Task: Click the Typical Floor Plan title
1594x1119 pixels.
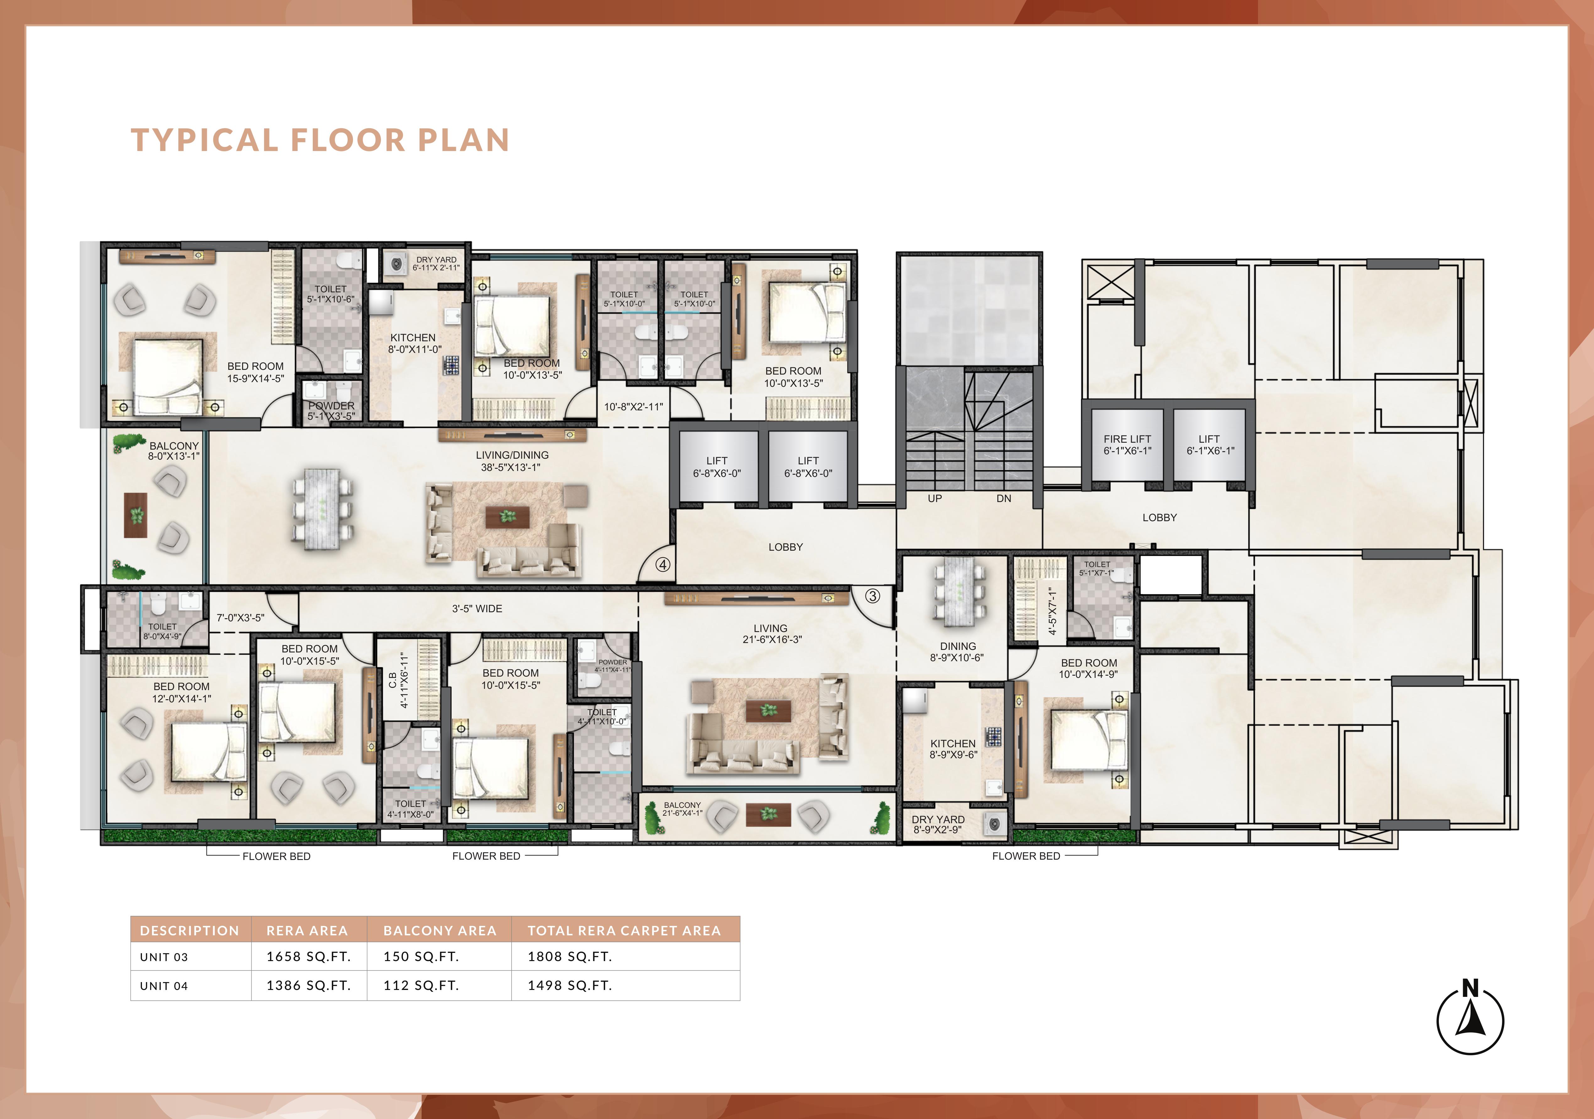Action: [x=320, y=140]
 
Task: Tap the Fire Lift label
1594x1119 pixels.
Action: [x=1127, y=445]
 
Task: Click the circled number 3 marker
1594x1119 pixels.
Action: [x=873, y=596]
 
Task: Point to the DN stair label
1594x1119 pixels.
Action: [x=1004, y=498]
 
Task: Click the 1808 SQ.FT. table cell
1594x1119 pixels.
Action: [x=570, y=957]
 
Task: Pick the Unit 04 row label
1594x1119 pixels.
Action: [x=164, y=986]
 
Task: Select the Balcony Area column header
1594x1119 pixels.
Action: [x=440, y=930]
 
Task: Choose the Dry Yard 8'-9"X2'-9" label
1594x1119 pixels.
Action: [x=938, y=825]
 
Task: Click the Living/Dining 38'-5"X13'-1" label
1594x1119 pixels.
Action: [x=512, y=461]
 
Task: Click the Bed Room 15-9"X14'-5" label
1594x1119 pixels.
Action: [x=256, y=372]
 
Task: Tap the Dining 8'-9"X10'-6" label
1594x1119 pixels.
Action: [x=957, y=652]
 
